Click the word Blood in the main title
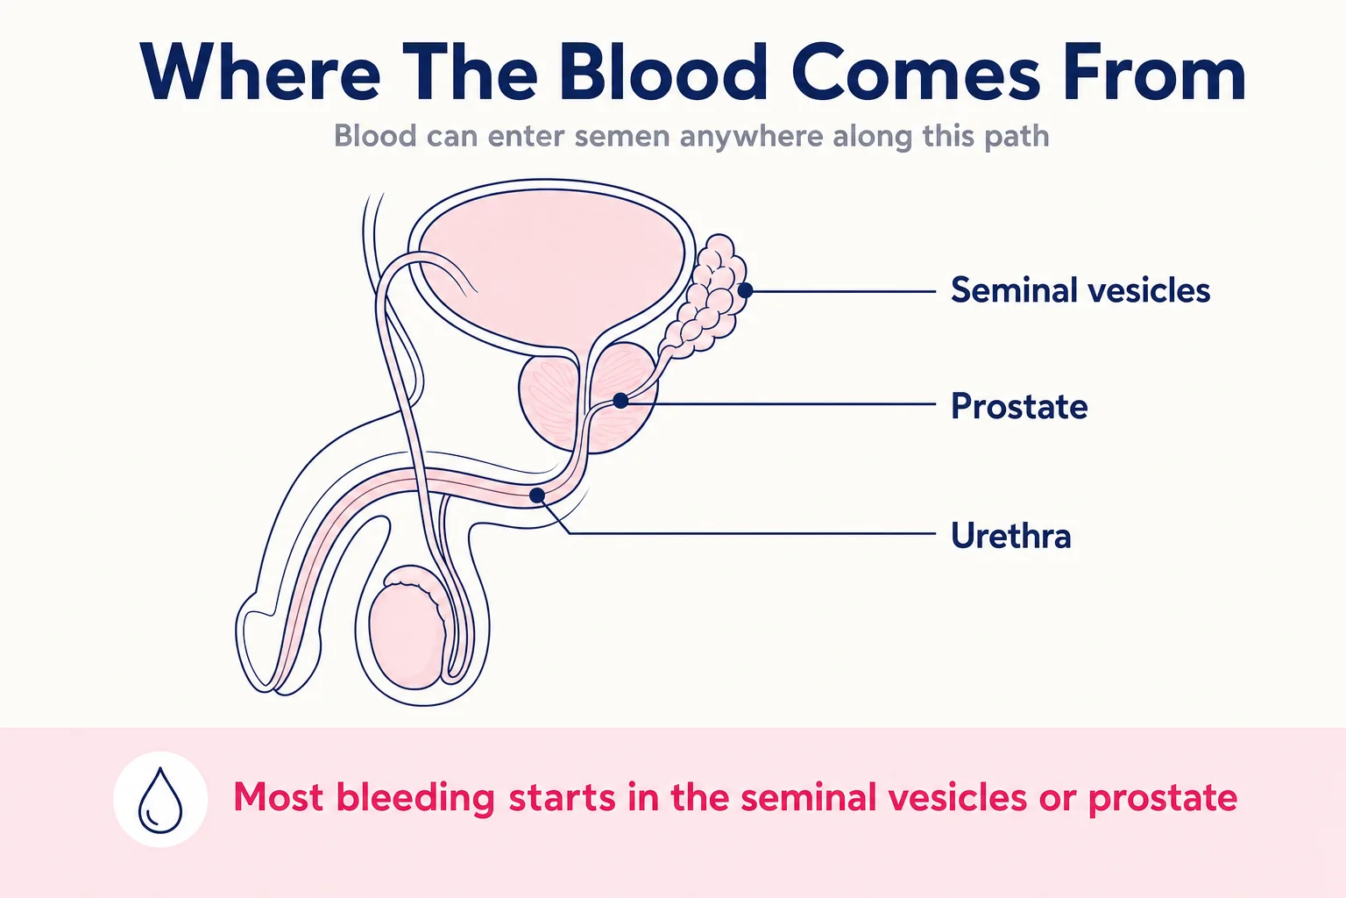click(x=663, y=72)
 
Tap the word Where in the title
click(x=259, y=72)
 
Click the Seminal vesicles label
click(x=1080, y=290)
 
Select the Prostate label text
click(x=1019, y=407)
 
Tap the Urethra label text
click(x=1011, y=535)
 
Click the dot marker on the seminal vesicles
click(x=745, y=290)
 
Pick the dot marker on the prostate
click(x=620, y=401)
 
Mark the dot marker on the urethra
click(x=537, y=495)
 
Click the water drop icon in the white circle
click(x=160, y=800)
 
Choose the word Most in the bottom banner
click(x=277, y=797)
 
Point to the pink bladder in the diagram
click(x=551, y=265)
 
